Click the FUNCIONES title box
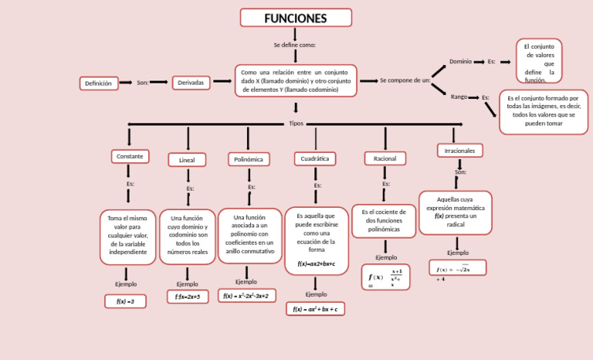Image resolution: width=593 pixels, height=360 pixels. tap(296, 18)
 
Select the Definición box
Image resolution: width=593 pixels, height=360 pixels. tap(98, 83)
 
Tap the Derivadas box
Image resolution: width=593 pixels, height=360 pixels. tap(191, 83)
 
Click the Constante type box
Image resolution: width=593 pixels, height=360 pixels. tap(129, 157)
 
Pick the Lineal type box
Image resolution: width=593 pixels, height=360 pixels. tap(187, 160)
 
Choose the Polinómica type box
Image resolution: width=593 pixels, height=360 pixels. tap(248, 159)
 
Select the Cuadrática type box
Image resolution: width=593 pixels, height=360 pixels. tap(314, 158)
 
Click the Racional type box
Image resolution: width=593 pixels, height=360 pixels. tap(385, 158)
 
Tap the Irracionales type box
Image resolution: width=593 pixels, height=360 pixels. tap(459, 150)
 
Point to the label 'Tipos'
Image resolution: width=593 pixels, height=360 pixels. tap(296, 124)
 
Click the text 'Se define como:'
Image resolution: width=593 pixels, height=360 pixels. tap(294, 45)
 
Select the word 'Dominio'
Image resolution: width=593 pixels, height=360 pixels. tap(460, 61)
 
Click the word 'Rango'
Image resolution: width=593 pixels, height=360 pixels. tap(459, 97)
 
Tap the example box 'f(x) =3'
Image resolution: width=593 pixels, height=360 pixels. tap(125, 301)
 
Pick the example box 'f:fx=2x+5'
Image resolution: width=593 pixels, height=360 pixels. tap(187, 297)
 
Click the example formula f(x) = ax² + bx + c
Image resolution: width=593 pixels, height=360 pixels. tap(315, 309)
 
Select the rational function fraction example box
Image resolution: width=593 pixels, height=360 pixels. tap(386, 277)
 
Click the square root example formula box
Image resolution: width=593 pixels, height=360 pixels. tap(457, 268)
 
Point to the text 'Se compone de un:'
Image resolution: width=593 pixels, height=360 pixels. tap(405, 80)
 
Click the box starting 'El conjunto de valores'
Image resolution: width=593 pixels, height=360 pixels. tap(538, 62)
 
